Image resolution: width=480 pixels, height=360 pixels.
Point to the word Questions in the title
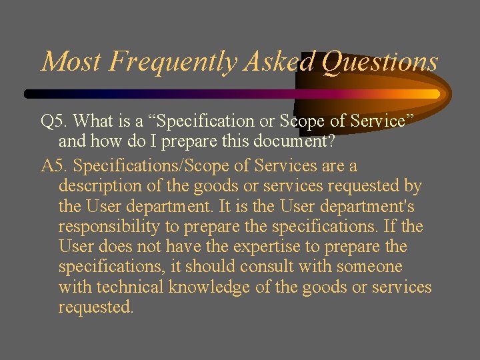(x=380, y=62)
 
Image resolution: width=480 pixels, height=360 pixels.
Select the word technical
(x=131, y=287)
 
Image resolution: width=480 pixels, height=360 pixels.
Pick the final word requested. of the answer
(x=96, y=307)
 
